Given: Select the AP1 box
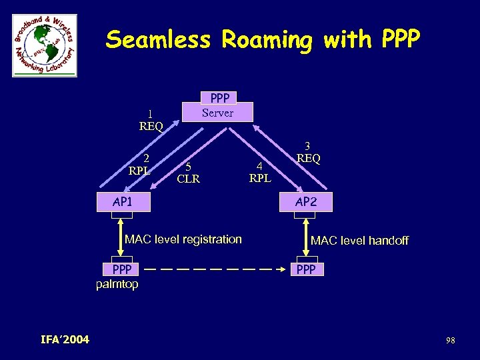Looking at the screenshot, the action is (x=123, y=202).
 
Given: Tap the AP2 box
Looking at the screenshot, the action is (x=306, y=202).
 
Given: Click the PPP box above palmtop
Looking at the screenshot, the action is (x=122, y=270).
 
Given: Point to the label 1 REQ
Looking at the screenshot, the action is (x=151, y=120).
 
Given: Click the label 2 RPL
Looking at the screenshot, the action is (x=140, y=164).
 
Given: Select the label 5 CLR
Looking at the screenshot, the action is (x=189, y=173).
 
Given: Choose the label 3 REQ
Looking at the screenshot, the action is (x=308, y=153).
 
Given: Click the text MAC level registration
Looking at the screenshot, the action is (x=183, y=239).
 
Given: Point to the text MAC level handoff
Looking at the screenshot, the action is (x=359, y=241).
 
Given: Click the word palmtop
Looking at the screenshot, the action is (x=117, y=285).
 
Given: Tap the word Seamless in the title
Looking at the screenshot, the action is (x=158, y=41).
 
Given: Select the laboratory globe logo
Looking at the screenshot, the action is (x=45, y=45).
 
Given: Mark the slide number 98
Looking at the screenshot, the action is (x=451, y=341).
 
